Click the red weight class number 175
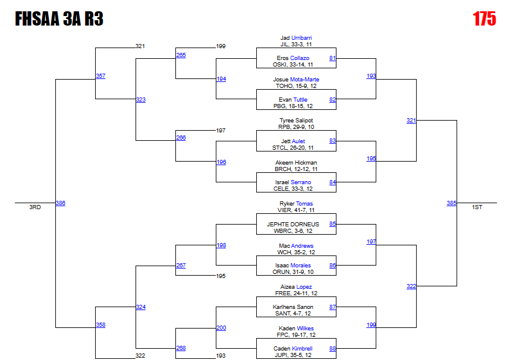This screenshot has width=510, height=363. (x=484, y=19)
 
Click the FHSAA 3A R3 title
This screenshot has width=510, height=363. (x=59, y=20)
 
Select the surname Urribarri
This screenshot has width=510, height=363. (x=301, y=38)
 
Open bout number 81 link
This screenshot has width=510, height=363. (x=332, y=58)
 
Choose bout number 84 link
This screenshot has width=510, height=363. (x=332, y=182)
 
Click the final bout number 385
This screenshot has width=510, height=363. (x=452, y=203)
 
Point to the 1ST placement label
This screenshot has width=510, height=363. (x=477, y=207)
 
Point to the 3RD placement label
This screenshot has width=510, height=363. (x=35, y=207)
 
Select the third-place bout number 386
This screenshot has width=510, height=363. (x=60, y=203)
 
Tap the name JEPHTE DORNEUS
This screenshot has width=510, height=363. (x=296, y=225)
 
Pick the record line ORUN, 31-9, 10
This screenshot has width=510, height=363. (x=296, y=272)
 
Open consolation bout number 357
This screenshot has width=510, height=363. (x=100, y=76)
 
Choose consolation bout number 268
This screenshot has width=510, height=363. (x=181, y=349)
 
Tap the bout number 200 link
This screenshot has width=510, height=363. (x=221, y=328)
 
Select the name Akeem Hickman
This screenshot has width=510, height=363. (x=296, y=163)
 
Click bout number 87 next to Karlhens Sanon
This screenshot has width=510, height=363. (x=332, y=307)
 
